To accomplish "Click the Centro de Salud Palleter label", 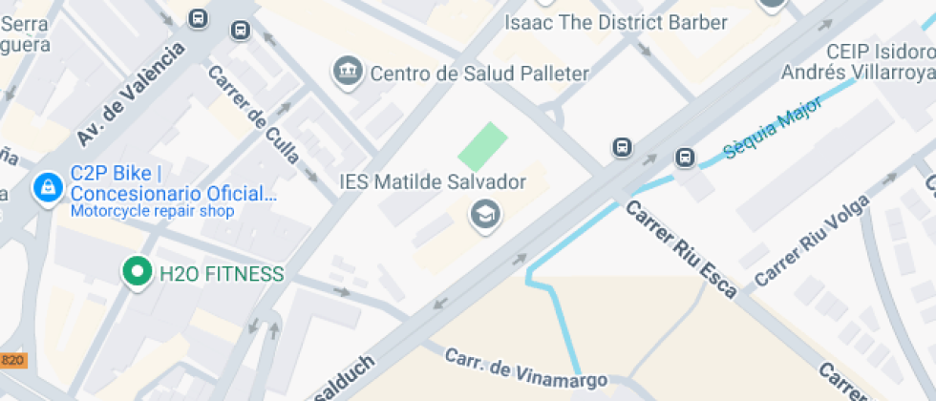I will (479, 73).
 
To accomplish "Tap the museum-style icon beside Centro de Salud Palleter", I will (347, 71).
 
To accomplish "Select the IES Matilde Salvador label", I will (433, 181).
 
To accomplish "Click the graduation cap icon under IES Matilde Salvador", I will (485, 215).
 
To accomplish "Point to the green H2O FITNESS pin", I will (138, 272).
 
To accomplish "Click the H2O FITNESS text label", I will (222, 274).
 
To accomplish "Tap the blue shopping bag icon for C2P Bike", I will (45, 189).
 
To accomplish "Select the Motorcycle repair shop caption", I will (152, 211).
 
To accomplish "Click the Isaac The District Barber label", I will (616, 23).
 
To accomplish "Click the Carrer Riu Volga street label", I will (812, 240).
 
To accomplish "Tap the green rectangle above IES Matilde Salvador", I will (481, 146).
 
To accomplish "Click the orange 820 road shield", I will (12, 360).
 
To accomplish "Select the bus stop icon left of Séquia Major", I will (685, 158).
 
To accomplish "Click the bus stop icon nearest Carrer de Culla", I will (240, 32).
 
